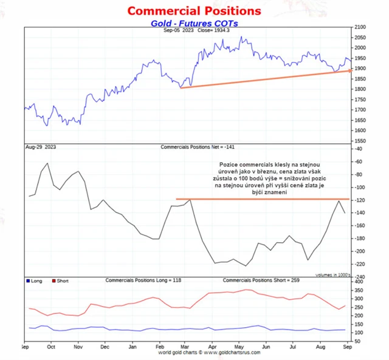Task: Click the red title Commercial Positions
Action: [194, 11]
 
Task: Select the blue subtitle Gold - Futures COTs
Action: [194, 22]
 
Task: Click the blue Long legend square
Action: [28, 280]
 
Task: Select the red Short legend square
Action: [54, 280]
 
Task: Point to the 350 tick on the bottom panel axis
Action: [359, 290]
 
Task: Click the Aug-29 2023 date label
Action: [40, 147]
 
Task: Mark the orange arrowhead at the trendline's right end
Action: [349, 70]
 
